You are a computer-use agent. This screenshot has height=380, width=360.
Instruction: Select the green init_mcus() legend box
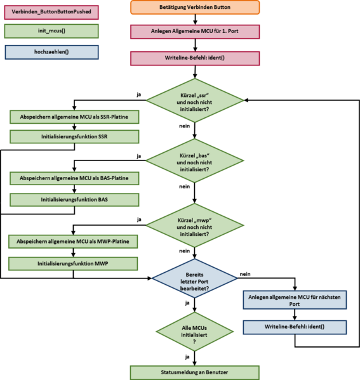[51, 30]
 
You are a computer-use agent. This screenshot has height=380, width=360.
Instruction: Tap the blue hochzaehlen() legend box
[51, 52]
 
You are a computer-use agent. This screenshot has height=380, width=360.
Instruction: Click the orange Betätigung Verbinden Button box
[195, 8]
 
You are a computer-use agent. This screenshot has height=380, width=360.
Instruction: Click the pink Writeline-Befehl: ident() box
[195, 58]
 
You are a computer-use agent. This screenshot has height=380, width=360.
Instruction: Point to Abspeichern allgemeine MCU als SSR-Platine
[74, 117]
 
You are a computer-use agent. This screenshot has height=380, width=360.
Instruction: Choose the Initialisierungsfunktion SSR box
[74, 136]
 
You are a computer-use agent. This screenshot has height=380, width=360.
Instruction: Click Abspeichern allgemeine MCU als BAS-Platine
[74, 178]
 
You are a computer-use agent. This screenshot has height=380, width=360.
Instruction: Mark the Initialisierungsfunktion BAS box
[74, 199]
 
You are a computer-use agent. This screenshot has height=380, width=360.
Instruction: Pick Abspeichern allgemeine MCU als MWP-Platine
[74, 242]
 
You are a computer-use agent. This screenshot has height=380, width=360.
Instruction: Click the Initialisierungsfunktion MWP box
[74, 263]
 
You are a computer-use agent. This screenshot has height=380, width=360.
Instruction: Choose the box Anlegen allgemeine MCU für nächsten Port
[295, 299]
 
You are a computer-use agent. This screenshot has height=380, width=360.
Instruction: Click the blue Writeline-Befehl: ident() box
[295, 327]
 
